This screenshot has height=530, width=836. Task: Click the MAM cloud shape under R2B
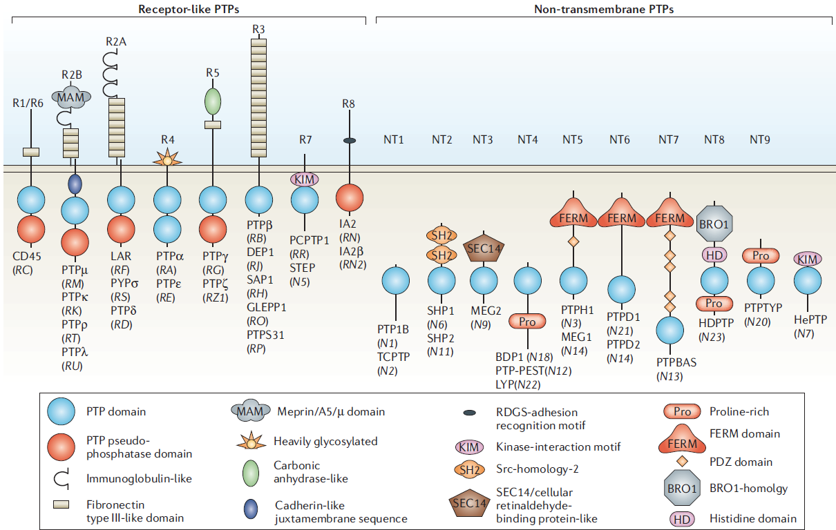[x=71, y=97]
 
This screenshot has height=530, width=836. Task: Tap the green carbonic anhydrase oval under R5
[x=213, y=101]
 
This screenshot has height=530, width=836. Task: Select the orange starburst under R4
[x=168, y=158]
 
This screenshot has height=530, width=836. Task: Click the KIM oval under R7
[x=305, y=179]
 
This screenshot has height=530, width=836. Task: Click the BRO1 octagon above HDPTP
[x=714, y=224]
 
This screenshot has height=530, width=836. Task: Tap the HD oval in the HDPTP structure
[x=714, y=255]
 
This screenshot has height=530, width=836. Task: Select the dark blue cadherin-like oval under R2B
[x=75, y=184]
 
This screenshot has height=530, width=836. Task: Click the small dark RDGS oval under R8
[x=350, y=141]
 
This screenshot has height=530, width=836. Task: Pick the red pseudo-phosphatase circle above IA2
[x=350, y=197]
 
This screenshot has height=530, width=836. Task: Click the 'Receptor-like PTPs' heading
[x=189, y=9]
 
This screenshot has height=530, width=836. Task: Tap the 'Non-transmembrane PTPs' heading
[x=604, y=9]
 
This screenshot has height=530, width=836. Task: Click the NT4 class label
[x=527, y=140]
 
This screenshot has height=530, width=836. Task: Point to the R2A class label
[x=116, y=41]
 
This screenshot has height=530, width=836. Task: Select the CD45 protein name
[x=26, y=257]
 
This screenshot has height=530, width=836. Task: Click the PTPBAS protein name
[x=676, y=362]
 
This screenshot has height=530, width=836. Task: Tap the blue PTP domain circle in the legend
[x=61, y=411]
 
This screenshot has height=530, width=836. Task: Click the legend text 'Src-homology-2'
[x=537, y=469]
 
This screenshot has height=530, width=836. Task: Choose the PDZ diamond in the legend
[x=682, y=462]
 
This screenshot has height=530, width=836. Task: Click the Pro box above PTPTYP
[x=761, y=255]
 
